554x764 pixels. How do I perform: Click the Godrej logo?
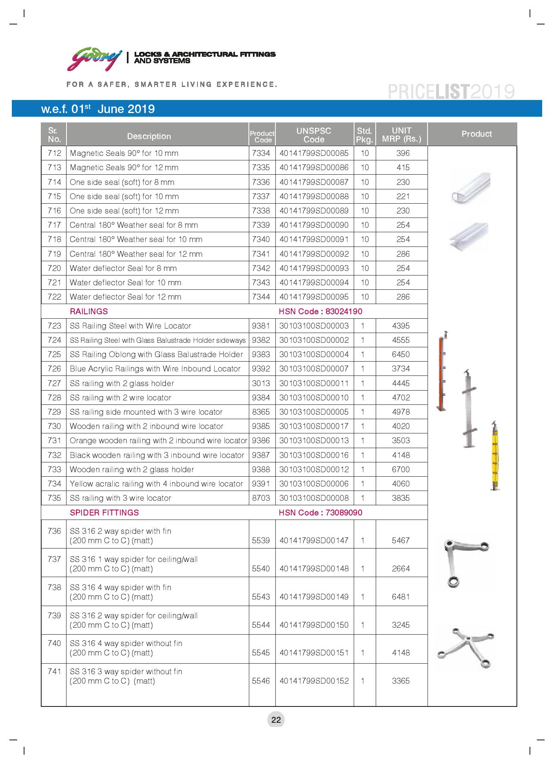[x=94, y=59]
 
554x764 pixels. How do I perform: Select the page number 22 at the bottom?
[x=276, y=720]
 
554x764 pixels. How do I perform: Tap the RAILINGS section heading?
[x=89, y=311]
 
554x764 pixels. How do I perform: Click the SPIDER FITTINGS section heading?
[x=104, y=513]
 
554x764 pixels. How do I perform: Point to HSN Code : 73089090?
[x=320, y=513]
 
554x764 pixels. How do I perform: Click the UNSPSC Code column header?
[x=314, y=135]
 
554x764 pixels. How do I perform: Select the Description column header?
[x=149, y=136]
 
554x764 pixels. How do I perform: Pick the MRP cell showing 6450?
[x=401, y=354]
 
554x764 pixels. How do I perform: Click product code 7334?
[x=261, y=153]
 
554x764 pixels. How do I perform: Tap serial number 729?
[x=54, y=412]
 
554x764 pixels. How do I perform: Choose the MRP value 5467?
[x=401, y=540]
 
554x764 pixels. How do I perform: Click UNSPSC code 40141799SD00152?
[x=314, y=681]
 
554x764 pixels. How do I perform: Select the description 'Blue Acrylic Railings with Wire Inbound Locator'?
[x=155, y=369]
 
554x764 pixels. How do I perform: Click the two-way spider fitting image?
[x=465, y=562]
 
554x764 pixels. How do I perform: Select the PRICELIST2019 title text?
[x=451, y=92]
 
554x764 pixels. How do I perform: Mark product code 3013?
[x=261, y=383]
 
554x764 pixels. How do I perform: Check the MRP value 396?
[x=403, y=153]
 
